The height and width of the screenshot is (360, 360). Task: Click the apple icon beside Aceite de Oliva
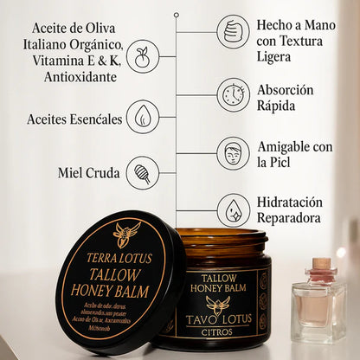tap(142, 58)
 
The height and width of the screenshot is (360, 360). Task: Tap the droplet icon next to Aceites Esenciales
tap(142, 117)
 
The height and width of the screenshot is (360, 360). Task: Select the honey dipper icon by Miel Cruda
tap(142, 171)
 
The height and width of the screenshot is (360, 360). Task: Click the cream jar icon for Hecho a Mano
tap(233, 31)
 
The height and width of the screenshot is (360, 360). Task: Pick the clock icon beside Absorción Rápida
tap(233, 94)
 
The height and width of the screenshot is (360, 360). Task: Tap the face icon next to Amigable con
tap(233, 152)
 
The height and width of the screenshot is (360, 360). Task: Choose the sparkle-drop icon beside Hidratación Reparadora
tap(233, 209)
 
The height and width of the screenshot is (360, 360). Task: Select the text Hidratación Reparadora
tap(290, 209)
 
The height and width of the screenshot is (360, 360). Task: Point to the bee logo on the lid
tap(126, 234)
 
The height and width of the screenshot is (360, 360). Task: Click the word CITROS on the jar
tap(223, 331)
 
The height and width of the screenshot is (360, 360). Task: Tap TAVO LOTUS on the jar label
tap(223, 318)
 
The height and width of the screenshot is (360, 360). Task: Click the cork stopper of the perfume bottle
tap(320, 263)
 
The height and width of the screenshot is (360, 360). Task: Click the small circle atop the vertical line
tap(177, 15)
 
